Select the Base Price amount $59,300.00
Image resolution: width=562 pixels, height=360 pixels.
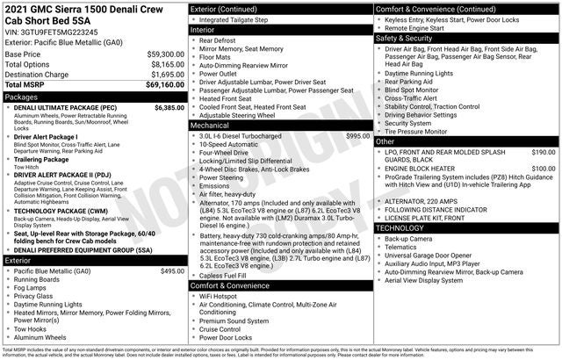coord(165,54)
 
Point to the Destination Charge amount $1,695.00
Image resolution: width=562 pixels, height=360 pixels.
coord(165,75)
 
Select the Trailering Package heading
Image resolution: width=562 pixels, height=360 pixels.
coord(41,160)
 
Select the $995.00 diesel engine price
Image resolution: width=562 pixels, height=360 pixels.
coord(357,136)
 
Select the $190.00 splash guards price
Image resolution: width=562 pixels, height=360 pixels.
coord(543,152)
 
